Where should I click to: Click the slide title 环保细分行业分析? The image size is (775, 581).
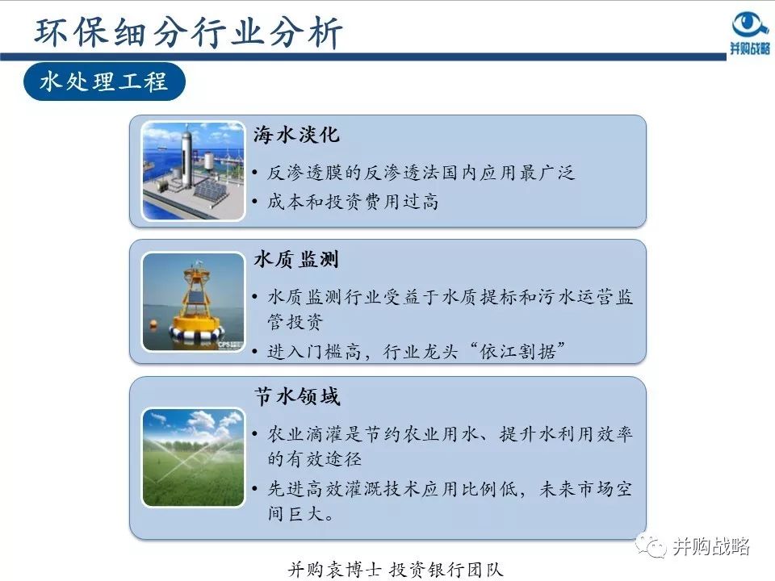190,32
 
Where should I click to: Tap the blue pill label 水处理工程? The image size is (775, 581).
104,82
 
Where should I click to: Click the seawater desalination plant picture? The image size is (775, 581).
193,170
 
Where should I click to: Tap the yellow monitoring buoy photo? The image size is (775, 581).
193,301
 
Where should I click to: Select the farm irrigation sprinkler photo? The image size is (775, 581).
193,457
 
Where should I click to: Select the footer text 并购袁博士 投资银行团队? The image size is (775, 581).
396,568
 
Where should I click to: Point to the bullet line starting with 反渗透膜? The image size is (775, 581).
420,173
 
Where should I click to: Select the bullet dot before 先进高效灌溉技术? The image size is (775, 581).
255,489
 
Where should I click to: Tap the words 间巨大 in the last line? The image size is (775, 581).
295,514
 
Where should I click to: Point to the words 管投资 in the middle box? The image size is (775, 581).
295,323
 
